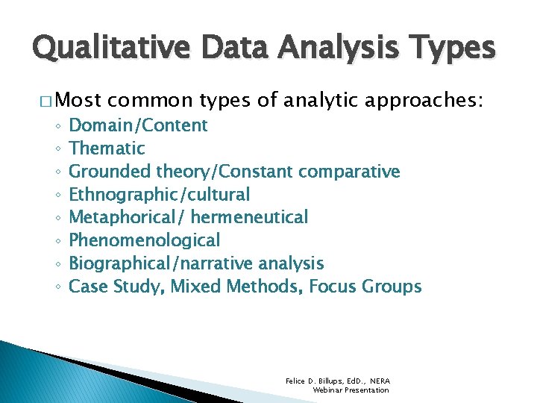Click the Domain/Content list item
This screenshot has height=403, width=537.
tap(138, 125)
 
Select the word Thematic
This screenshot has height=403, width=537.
tap(107, 149)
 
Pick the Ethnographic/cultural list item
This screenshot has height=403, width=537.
tap(159, 195)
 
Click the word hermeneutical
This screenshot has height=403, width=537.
tap(249, 218)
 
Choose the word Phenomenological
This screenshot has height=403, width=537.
tap(144, 240)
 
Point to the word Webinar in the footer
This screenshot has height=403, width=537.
tap(329, 390)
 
